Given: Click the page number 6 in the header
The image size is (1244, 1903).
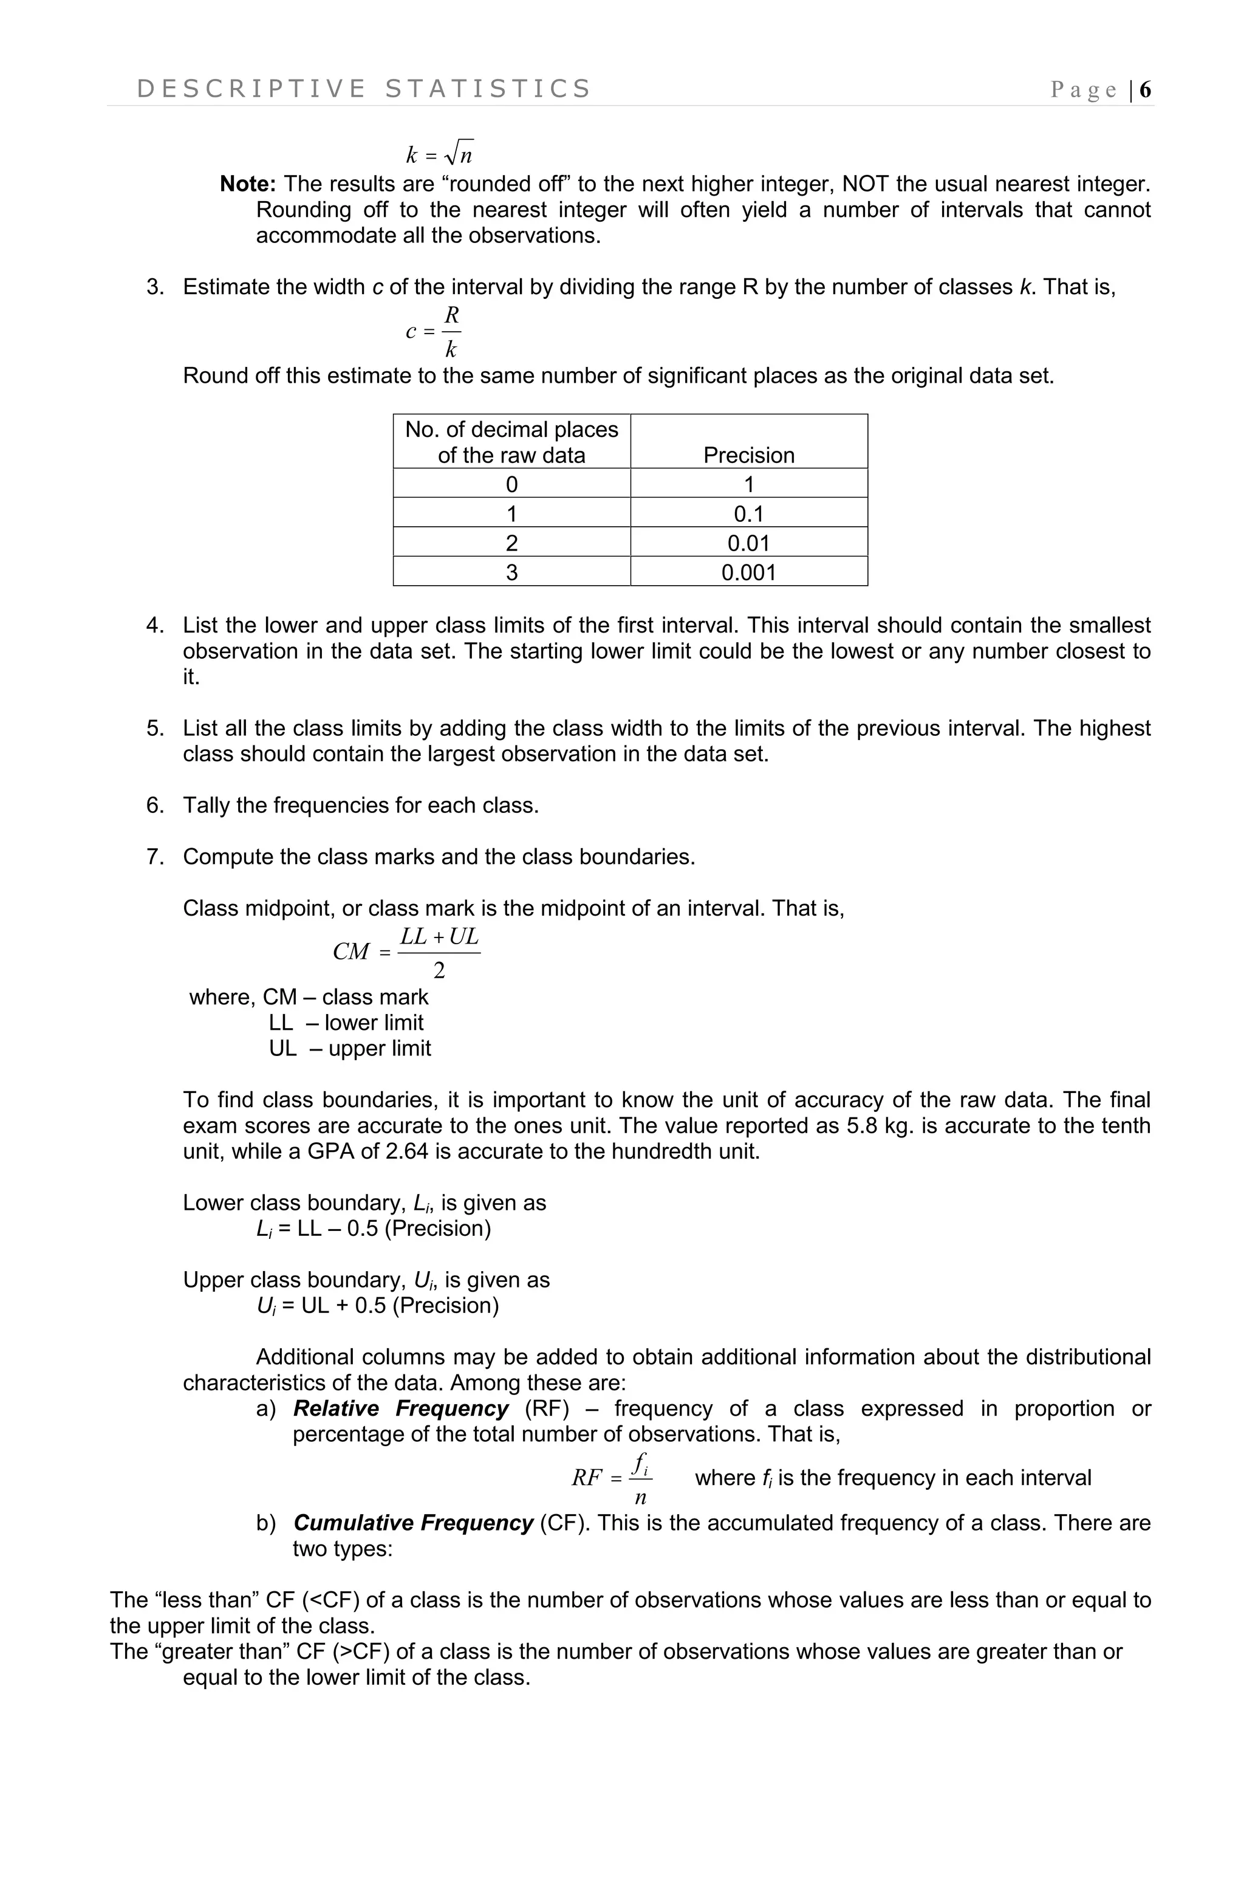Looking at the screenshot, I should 1145,89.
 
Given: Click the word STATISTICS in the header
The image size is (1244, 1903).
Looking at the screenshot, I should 487,89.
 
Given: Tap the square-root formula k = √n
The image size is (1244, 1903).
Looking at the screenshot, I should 439,153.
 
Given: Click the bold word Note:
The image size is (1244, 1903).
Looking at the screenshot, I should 248,184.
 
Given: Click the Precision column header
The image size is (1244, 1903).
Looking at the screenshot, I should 748,455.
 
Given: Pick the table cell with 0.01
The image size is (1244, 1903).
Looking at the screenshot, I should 748,543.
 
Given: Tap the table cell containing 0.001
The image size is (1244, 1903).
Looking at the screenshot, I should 748,572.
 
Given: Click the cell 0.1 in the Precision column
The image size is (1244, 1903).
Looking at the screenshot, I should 748,513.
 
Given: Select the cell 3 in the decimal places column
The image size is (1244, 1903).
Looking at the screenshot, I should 511,572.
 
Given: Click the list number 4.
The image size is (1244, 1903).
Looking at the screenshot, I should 154,625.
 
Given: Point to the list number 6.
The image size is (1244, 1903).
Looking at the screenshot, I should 154,805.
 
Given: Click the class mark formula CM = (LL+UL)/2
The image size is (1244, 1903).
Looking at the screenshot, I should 406,952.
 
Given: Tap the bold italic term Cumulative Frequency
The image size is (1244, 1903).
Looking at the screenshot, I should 412,1523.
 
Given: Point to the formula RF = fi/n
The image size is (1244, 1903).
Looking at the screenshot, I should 612,1478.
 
